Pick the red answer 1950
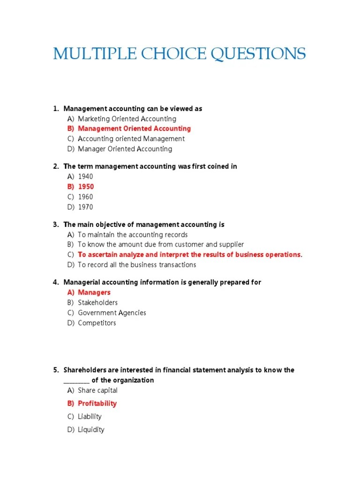pos(86,187)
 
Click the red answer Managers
pos(94,292)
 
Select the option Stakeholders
pos(97,303)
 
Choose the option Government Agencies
pos(112,313)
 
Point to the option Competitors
pos(97,323)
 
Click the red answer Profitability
pos(97,403)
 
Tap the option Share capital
pos(97,390)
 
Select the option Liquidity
pos(91,429)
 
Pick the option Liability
pos(90,416)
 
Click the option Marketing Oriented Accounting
pos(127,119)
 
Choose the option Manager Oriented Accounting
pos(125,149)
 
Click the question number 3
pos(55,225)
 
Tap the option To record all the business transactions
pos(137,265)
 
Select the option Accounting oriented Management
pos(131,139)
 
